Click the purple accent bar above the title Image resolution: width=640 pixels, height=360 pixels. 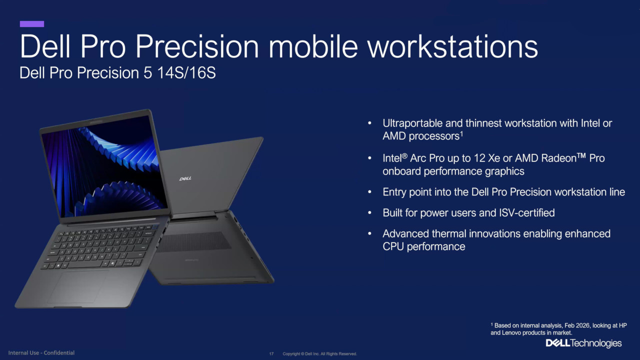pos(32,24)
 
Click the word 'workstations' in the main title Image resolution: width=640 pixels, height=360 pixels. pos(452,46)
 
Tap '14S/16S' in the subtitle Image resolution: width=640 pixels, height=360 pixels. pos(186,73)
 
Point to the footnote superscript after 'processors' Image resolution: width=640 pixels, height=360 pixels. pos(461,133)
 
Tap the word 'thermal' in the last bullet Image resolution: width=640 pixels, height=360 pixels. pos(449,233)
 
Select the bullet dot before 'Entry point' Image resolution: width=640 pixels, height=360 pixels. pos(369,192)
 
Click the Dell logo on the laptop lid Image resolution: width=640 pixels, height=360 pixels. pos(185,179)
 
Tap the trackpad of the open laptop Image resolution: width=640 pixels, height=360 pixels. pos(78,286)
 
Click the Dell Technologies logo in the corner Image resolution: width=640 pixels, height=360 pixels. pos(583,343)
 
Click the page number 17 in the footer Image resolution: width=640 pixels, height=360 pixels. pos(271,354)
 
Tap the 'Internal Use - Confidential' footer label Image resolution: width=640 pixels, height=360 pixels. pos(41,353)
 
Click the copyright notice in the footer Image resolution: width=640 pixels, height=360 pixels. pos(319,354)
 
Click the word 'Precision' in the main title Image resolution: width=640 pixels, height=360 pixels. pos(197,46)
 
